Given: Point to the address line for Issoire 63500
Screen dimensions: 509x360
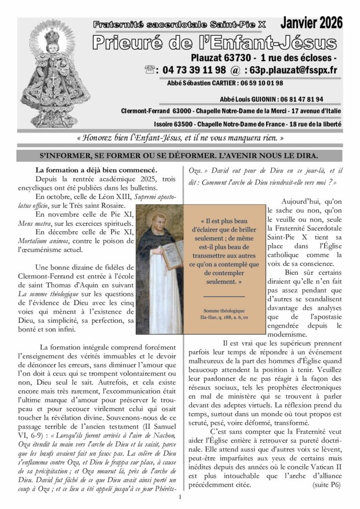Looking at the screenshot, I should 246,123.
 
